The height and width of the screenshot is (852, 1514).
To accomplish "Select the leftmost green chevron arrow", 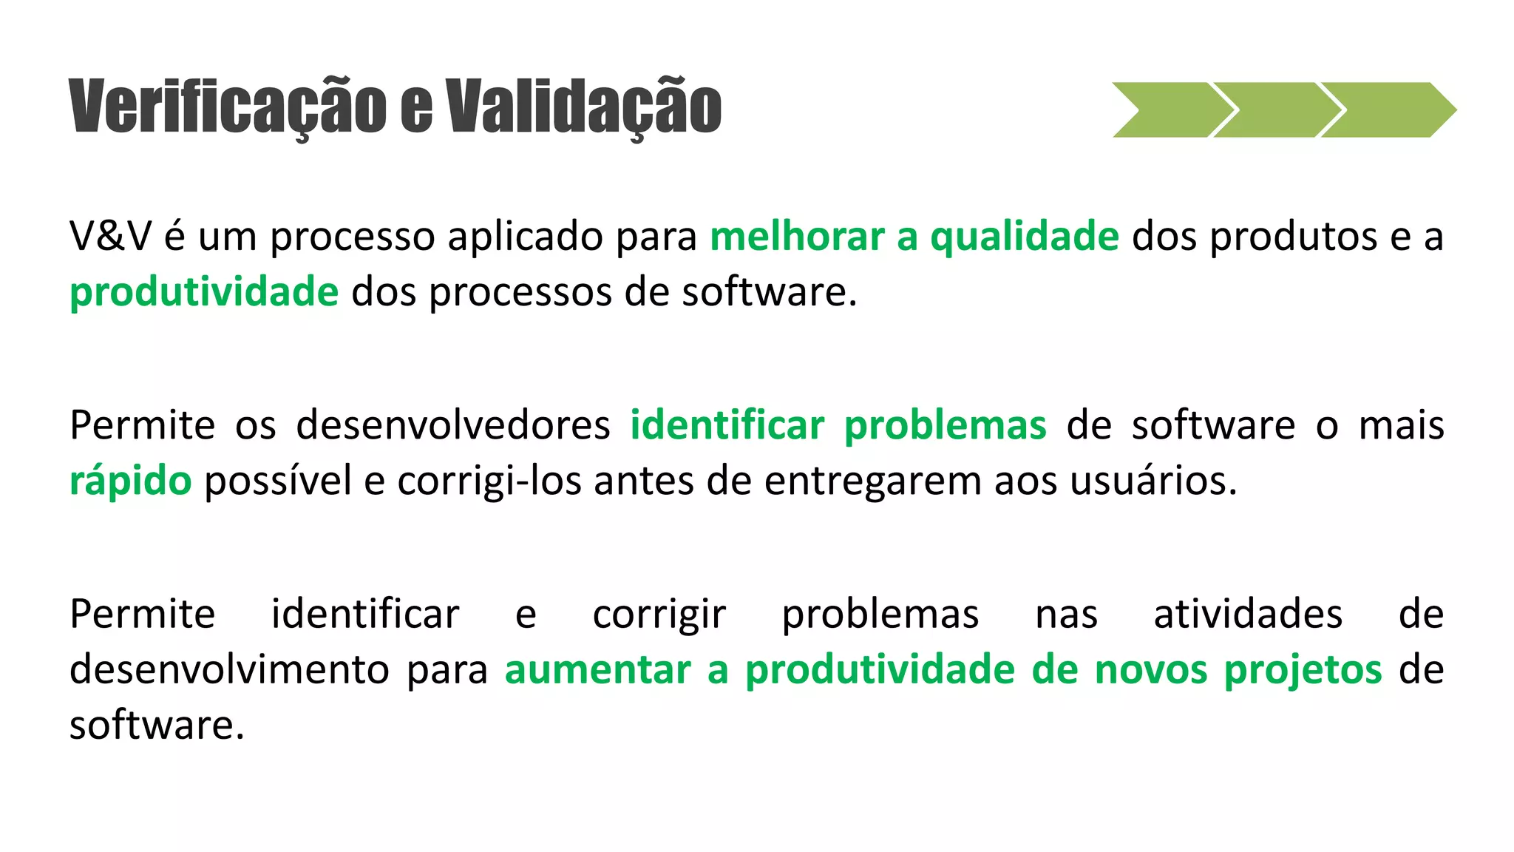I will tap(1169, 109).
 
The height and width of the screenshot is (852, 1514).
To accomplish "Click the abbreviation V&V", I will tap(110, 237).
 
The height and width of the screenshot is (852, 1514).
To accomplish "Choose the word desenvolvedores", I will tap(453, 425).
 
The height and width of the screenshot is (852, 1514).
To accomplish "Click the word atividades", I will tap(1248, 614).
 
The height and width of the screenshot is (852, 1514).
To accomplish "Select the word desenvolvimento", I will tap(229, 670).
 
